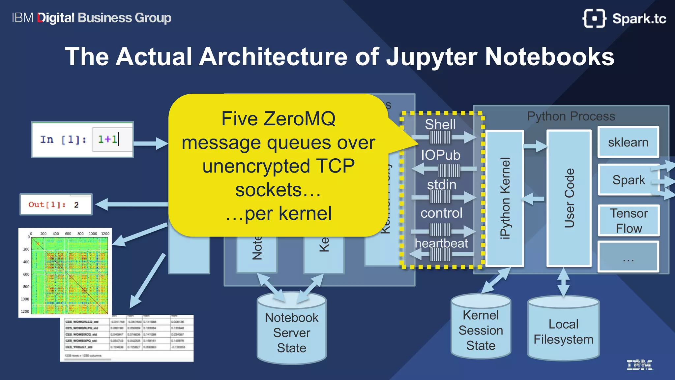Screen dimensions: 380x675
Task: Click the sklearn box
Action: [628, 142]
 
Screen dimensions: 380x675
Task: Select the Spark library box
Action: [628, 180]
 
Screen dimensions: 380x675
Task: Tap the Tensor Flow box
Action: [629, 221]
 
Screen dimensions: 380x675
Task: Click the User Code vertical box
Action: [569, 198]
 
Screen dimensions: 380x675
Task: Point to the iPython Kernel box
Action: [505, 198]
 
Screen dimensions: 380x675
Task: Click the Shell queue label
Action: [440, 124]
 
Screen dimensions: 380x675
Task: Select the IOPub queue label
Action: [440, 155]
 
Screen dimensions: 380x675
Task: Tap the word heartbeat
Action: [441, 243]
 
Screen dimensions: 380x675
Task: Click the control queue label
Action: [441, 213]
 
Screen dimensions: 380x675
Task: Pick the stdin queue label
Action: [442, 185]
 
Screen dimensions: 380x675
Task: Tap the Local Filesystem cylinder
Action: [563, 332]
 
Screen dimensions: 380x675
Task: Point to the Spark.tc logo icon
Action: [594, 18]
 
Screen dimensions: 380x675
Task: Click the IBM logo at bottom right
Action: [639, 365]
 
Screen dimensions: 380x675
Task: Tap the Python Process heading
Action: [571, 116]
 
